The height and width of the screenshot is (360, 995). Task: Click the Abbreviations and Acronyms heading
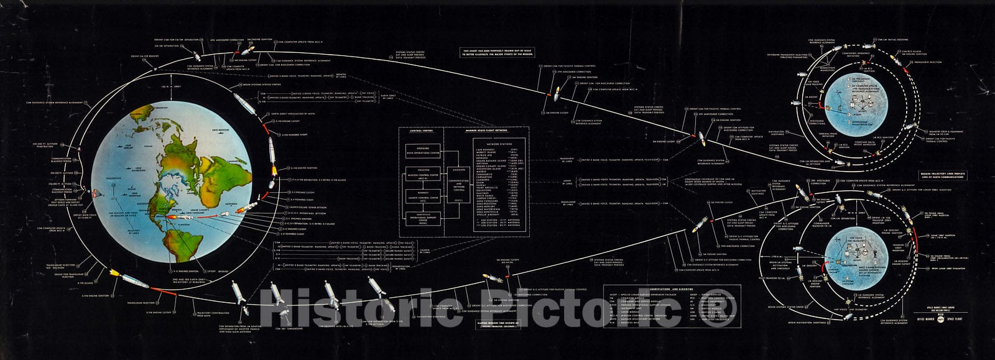point(671,289)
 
